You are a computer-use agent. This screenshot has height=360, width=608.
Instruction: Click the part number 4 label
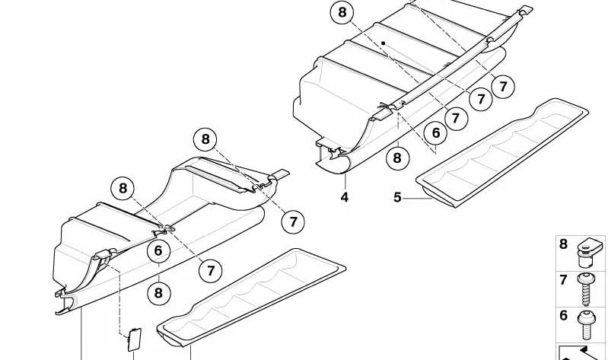[x=345, y=197]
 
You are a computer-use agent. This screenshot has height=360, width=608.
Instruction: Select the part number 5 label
[x=396, y=198]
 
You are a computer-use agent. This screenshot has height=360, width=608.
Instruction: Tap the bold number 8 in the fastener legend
[x=563, y=244]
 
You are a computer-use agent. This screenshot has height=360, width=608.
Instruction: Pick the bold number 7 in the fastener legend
[x=563, y=280]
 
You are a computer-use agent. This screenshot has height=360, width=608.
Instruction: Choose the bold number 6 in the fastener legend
[x=563, y=315]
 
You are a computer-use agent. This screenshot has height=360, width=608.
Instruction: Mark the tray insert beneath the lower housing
[x=251, y=297]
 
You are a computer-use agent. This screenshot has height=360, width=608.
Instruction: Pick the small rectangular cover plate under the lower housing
[x=132, y=339]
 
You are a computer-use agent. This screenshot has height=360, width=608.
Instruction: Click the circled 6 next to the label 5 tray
[x=436, y=133]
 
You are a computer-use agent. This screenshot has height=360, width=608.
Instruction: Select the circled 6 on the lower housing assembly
[x=158, y=251]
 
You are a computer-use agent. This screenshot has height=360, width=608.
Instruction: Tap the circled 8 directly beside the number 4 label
[x=396, y=158]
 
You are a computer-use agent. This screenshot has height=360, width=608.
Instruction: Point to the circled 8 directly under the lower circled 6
[x=158, y=292]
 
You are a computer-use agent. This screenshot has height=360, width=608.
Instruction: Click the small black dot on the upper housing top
[x=385, y=43]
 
